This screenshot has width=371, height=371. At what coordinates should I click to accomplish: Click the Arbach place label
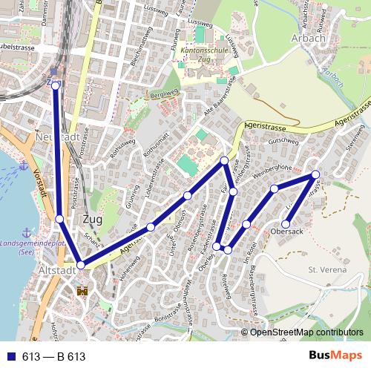pyautogui.click(x=309, y=38)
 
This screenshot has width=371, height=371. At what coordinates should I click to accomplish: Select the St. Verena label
pyautogui.click(x=327, y=270)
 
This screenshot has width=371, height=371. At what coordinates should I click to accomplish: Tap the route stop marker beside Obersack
pyautogui.click(x=286, y=223)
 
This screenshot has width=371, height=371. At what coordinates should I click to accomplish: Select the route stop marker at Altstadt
pyautogui.click(x=80, y=265)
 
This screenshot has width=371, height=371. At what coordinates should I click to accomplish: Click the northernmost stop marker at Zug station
pyautogui.click(x=55, y=86)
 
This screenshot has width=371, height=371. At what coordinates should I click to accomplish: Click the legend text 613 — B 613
pyautogui.click(x=53, y=357)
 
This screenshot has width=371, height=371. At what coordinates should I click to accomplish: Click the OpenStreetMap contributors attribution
pyautogui.click(x=306, y=332)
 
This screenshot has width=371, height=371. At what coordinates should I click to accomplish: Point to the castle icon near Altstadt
pyautogui.click(x=82, y=292)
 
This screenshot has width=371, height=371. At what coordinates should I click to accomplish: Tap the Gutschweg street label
pyautogui.click(x=282, y=139)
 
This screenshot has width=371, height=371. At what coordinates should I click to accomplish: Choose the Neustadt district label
pyautogui.click(x=56, y=137)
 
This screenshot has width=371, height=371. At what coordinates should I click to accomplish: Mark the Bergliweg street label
pyautogui.click(x=165, y=95)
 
